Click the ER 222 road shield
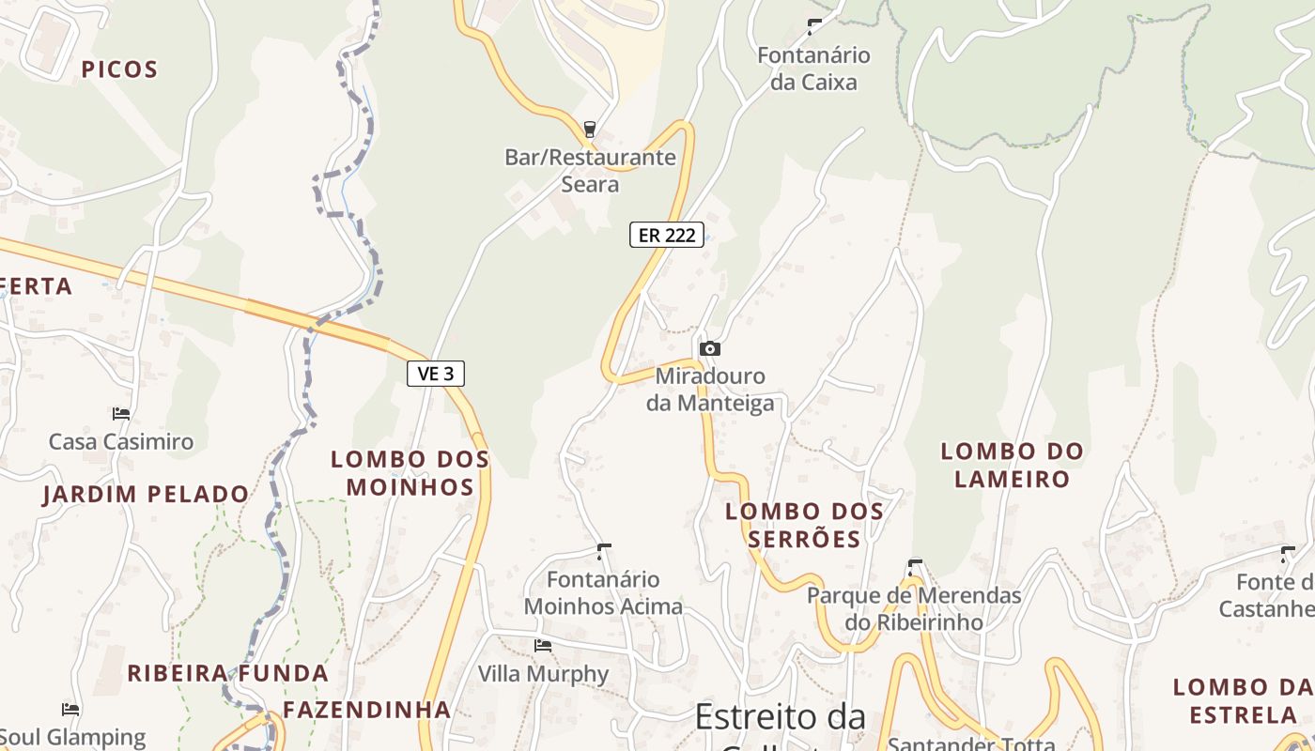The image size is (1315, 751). (x=667, y=235)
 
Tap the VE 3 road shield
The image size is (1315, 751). (x=436, y=374)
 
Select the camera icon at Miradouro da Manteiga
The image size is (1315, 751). (x=710, y=349)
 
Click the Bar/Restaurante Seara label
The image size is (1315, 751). (x=590, y=170)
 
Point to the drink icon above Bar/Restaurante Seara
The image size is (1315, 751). (x=590, y=130)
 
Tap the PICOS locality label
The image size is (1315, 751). (x=119, y=69)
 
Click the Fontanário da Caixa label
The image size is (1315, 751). (x=813, y=69)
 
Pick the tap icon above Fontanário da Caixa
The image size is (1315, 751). (x=814, y=26)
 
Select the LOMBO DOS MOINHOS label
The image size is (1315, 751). (x=410, y=473)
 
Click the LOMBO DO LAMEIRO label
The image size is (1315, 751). (x=1012, y=465)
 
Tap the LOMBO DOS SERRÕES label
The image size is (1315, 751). (x=804, y=525)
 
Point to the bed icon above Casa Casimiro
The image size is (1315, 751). (x=120, y=413)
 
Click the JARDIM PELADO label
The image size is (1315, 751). (x=146, y=494)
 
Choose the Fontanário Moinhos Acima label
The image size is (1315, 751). (x=603, y=592)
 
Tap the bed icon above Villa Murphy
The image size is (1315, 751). (x=543, y=646)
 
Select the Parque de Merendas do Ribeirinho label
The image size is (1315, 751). (x=914, y=608)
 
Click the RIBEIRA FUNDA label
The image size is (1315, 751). (x=227, y=673)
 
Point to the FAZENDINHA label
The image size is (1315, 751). (x=367, y=710)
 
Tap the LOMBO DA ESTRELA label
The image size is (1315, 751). (x=1243, y=700)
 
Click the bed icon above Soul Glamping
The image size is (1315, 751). (x=70, y=709)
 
